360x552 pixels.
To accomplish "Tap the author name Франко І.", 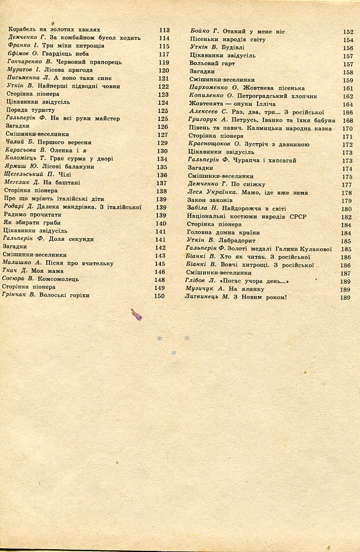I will pyautogui.click(x=22, y=47).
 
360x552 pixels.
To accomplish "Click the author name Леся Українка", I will pyautogui.click(x=205, y=192).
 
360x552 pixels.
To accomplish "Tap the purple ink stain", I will pyautogui.click(x=136, y=314).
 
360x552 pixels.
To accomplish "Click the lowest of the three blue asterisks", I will pyautogui.click(x=174, y=353).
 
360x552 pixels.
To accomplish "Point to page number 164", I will pyautogui.click(x=346, y=105).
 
